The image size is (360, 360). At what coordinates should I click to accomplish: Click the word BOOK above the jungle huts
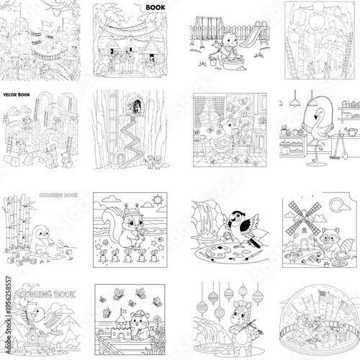(156, 8)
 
